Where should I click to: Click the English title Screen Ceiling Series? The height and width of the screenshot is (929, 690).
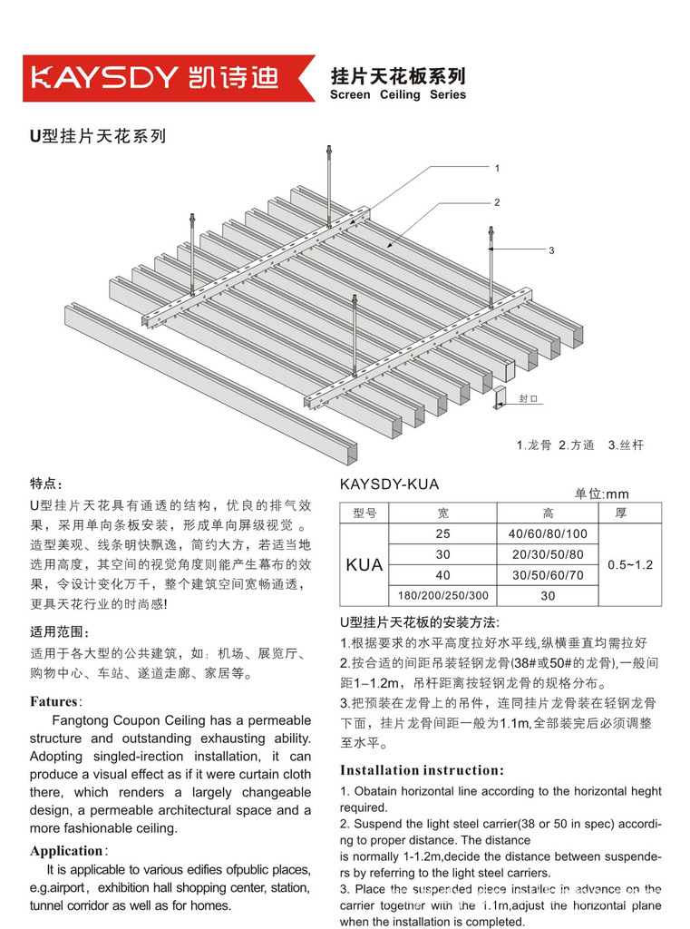click(398, 94)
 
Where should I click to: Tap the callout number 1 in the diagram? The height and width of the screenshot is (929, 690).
click(498, 168)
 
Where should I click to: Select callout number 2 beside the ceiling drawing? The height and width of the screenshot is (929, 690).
click(497, 202)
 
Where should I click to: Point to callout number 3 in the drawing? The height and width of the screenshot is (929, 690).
click(550, 249)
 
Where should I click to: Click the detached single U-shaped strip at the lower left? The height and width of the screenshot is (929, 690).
click(209, 382)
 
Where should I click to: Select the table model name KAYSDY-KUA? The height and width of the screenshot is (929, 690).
click(389, 484)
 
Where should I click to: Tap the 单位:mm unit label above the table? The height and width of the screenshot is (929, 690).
click(601, 494)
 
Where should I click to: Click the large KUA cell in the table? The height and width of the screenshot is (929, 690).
click(364, 565)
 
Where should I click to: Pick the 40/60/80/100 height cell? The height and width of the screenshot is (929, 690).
click(548, 533)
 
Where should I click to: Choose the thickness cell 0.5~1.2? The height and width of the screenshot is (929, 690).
click(630, 564)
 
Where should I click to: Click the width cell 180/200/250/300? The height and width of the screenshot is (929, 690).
click(442, 596)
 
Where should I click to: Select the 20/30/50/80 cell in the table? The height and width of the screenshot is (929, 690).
click(548, 554)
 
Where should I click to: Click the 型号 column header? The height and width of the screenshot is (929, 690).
click(364, 513)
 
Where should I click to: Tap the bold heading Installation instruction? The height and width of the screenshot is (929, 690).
click(422, 770)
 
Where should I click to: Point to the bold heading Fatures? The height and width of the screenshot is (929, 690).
click(55, 701)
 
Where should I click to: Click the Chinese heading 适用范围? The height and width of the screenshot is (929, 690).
click(60, 632)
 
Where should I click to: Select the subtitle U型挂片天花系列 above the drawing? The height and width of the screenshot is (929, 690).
click(97, 137)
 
